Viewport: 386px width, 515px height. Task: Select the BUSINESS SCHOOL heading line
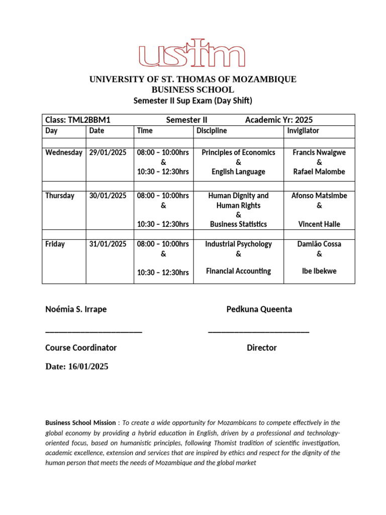(192, 90)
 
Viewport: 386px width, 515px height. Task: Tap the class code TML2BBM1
(92, 120)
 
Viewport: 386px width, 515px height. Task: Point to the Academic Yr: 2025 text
(278, 120)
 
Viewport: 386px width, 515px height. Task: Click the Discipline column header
(211, 131)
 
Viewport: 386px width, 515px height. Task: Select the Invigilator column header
(303, 131)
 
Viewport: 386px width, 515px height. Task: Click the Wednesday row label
(64, 152)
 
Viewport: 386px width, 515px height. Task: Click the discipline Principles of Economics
(238, 152)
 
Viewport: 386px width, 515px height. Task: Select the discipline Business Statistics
(238, 224)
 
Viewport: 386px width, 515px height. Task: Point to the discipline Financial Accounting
(238, 271)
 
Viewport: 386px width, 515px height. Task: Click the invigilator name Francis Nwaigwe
(319, 152)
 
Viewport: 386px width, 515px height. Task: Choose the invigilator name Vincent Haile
(319, 224)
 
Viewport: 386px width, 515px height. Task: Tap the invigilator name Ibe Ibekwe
(319, 271)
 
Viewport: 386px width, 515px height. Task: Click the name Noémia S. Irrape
(76, 309)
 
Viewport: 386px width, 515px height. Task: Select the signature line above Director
(258, 330)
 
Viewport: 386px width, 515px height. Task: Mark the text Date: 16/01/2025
(76, 367)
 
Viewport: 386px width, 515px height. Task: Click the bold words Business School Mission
(80, 423)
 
